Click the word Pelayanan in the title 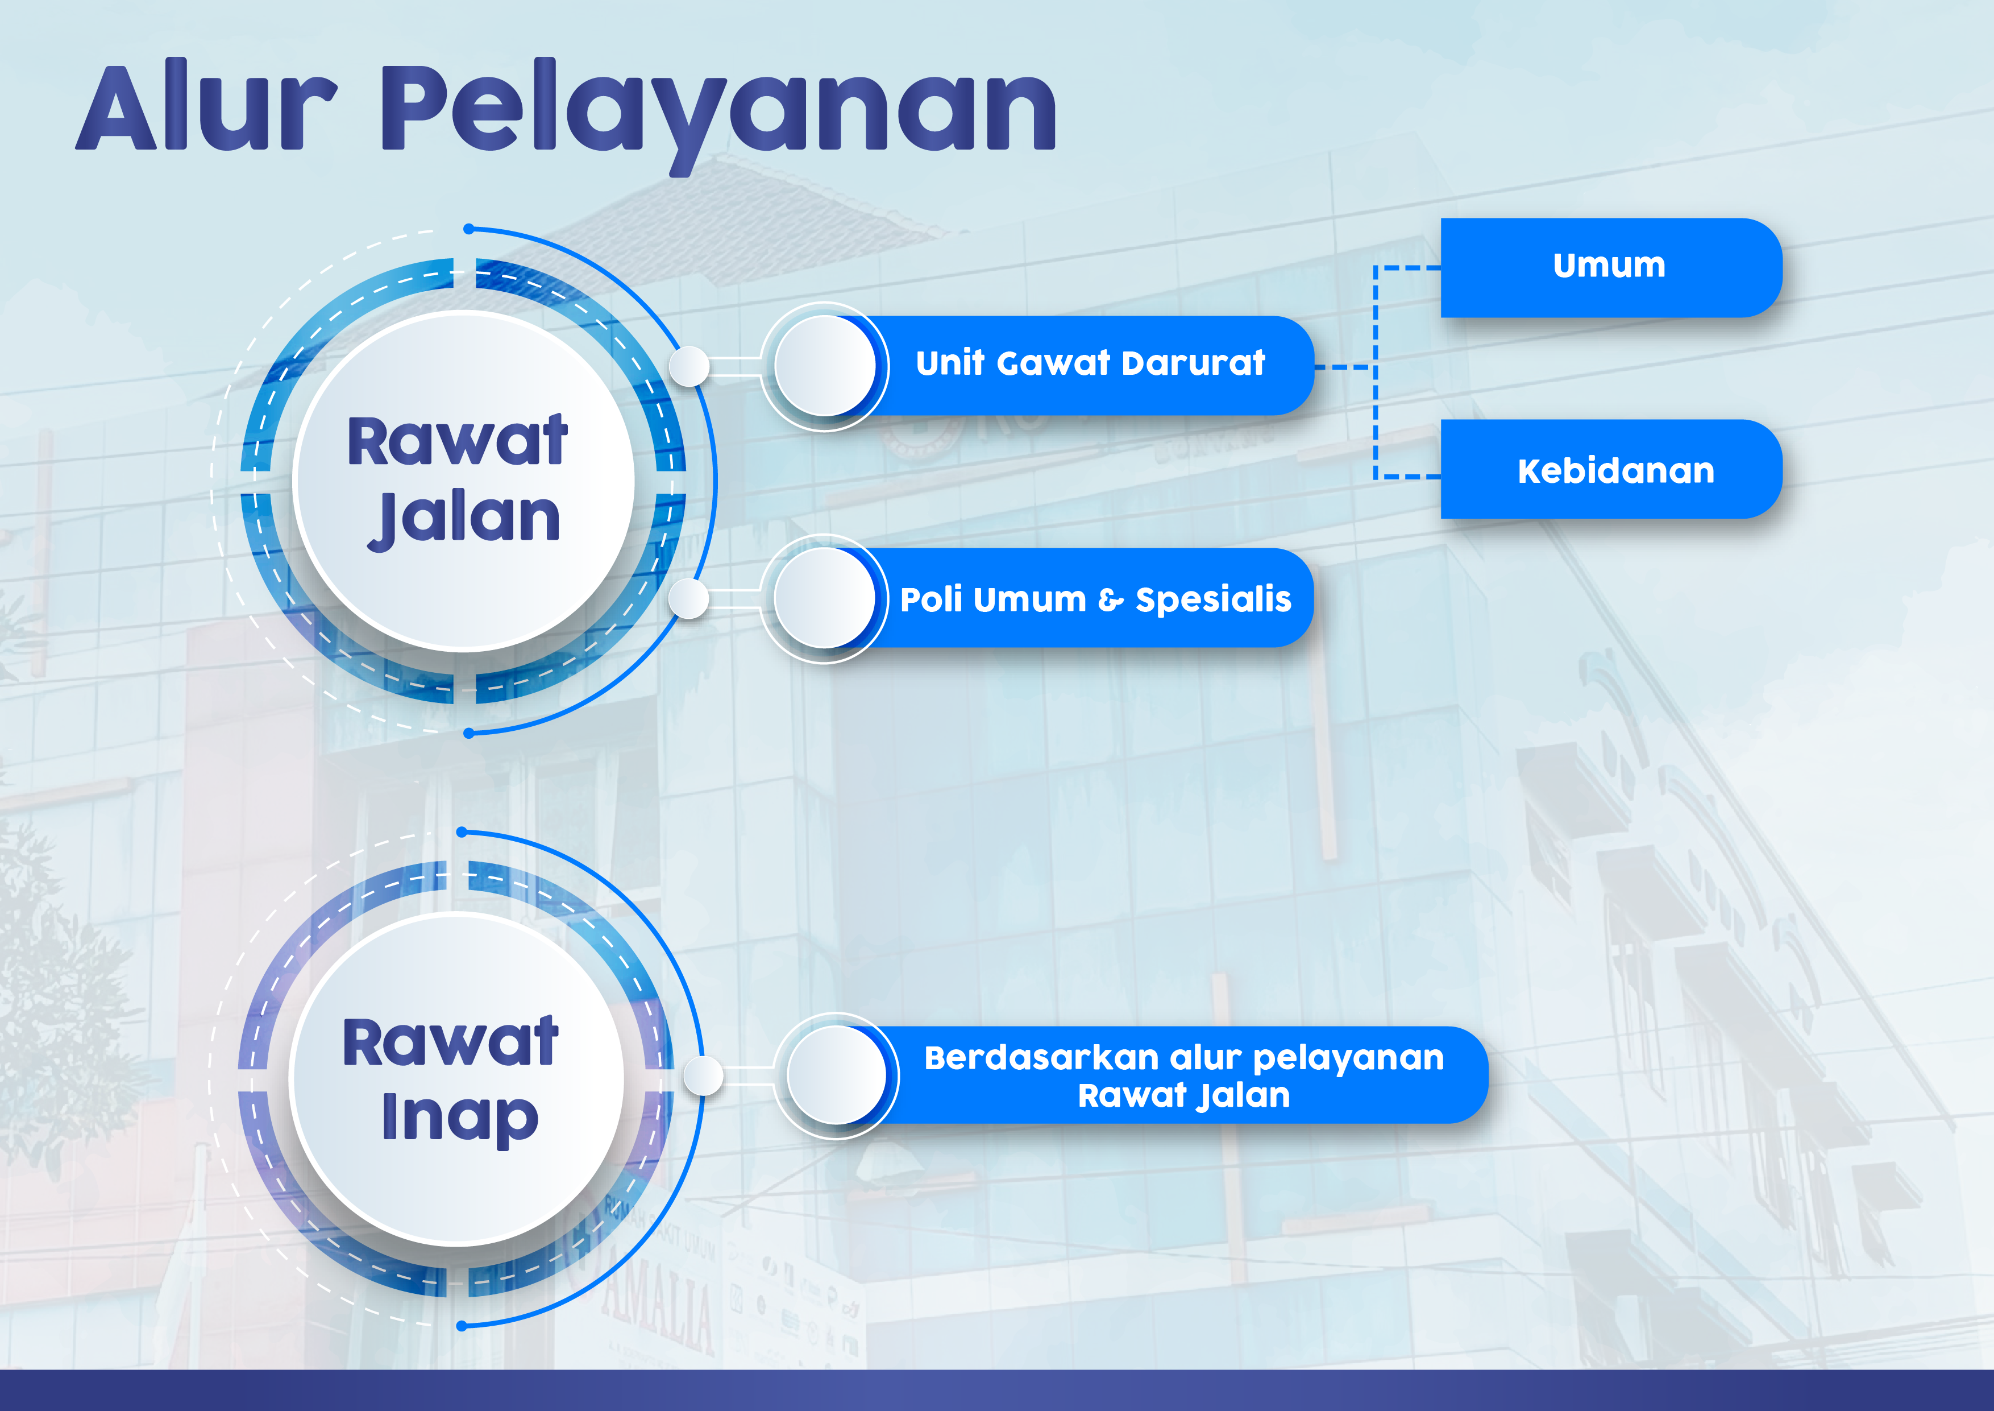coord(718,115)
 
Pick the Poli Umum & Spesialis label coord(1095,599)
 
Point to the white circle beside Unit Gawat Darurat coord(825,366)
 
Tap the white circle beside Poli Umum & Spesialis coord(825,598)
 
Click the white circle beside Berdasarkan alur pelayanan coord(837,1075)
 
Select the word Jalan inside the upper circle coord(464,519)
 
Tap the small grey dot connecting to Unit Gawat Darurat coord(689,366)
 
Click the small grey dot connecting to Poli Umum coord(689,599)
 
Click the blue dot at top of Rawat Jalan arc coord(469,229)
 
